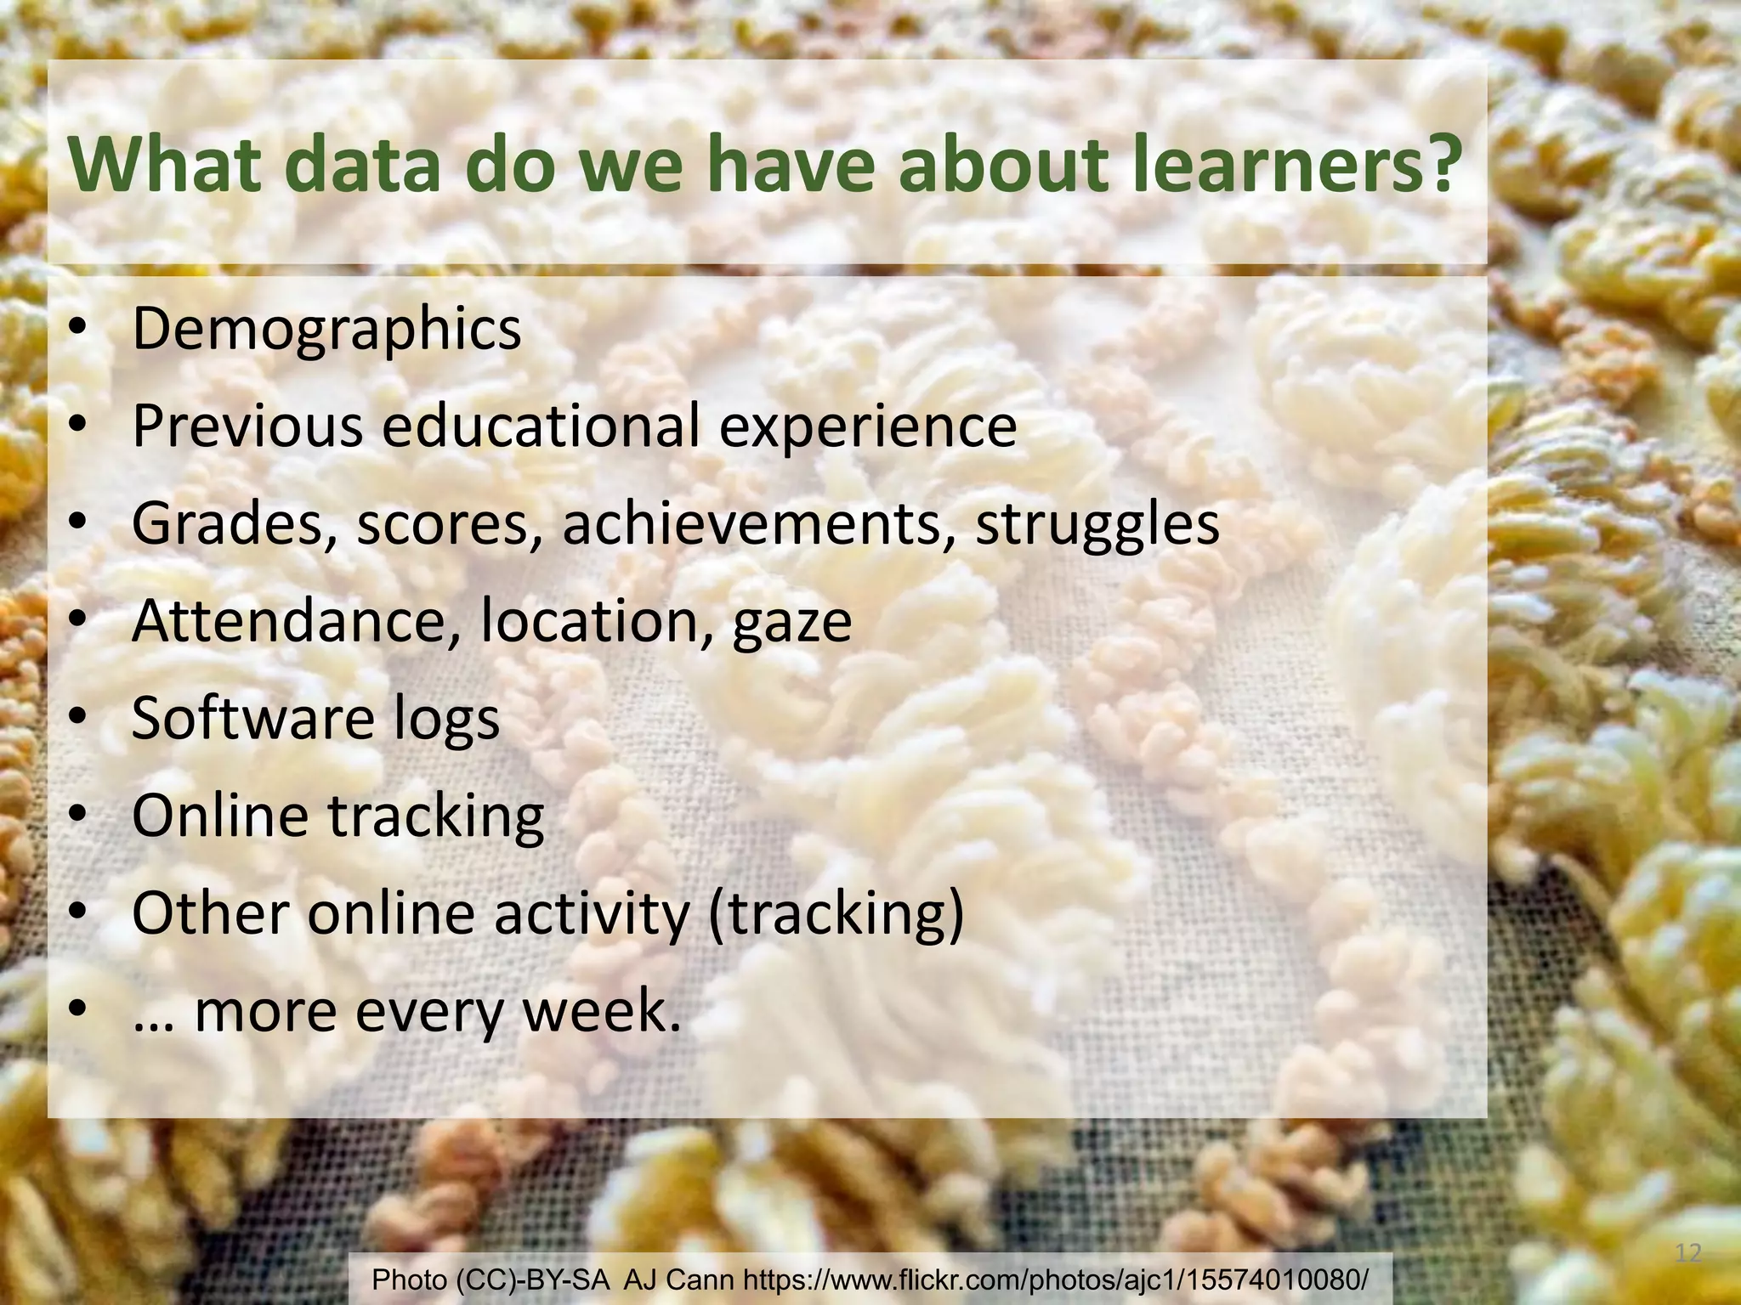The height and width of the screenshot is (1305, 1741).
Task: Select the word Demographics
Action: [326, 330]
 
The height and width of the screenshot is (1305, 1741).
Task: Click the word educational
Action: [541, 427]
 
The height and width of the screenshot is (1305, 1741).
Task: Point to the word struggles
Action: [1097, 525]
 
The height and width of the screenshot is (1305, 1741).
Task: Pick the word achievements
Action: [759, 524]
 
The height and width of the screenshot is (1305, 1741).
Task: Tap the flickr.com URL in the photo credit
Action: [1056, 1280]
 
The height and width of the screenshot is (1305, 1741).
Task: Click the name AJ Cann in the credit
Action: [678, 1280]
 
